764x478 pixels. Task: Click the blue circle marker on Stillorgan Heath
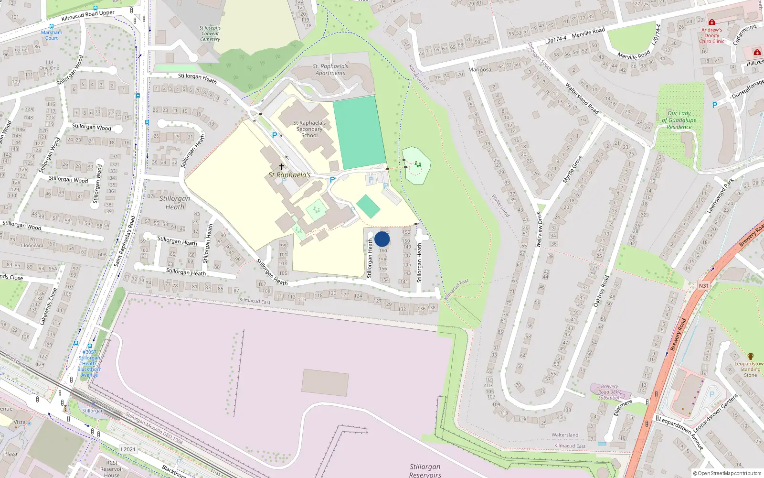pyautogui.click(x=382, y=239)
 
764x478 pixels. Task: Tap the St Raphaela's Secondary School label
pyautogui.click(x=309, y=129)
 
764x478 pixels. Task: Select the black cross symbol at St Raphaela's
pyautogui.click(x=282, y=167)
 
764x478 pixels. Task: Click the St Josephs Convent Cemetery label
pyautogui.click(x=210, y=33)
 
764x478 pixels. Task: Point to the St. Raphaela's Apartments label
pyautogui.click(x=330, y=70)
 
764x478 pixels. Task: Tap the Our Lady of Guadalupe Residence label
pyautogui.click(x=679, y=120)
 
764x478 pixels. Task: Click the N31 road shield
pyautogui.click(x=704, y=286)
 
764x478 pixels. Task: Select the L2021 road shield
pyautogui.click(x=128, y=449)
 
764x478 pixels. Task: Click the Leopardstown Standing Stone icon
pyautogui.click(x=751, y=357)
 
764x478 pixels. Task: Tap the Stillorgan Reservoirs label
pyautogui.click(x=425, y=470)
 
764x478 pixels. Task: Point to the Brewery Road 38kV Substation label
pyautogui.click(x=610, y=392)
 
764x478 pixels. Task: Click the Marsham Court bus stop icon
pyautogui.click(x=52, y=27)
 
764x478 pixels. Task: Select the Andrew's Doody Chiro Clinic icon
pyautogui.click(x=711, y=22)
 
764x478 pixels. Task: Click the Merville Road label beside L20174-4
pyautogui.click(x=588, y=33)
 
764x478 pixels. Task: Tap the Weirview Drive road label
pyautogui.click(x=540, y=229)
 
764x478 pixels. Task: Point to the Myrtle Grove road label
pyautogui.click(x=573, y=169)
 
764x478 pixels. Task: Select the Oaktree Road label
pyautogui.click(x=601, y=291)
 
